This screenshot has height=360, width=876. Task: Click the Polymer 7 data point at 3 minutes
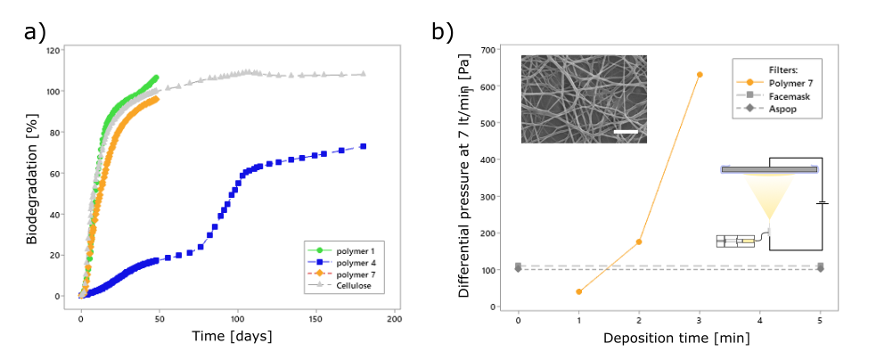pyautogui.click(x=700, y=74)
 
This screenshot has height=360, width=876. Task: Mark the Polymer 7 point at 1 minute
pyautogui.click(x=578, y=291)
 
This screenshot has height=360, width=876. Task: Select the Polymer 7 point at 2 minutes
pyautogui.click(x=639, y=241)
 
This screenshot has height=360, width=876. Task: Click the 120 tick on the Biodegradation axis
pyautogui.click(x=54, y=50)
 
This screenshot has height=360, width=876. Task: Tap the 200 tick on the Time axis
pyautogui.click(x=395, y=320)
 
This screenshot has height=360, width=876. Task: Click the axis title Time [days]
pyautogui.click(x=232, y=337)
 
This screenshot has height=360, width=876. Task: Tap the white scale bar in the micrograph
pyautogui.click(x=626, y=132)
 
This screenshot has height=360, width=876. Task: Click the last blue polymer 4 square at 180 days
pyautogui.click(x=363, y=146)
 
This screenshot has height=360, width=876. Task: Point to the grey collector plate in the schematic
pyautogui.click(x=770, y=169)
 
